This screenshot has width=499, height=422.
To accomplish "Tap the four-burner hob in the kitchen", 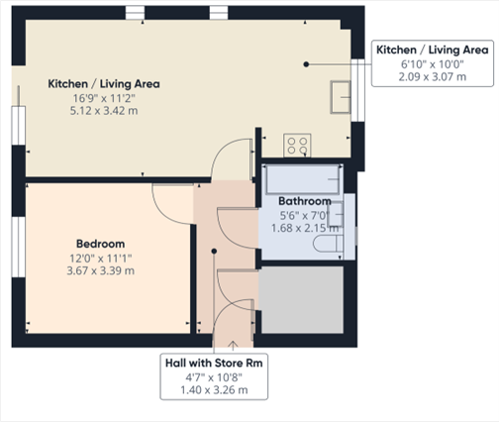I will coord(297,146).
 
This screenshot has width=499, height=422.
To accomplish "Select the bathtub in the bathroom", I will coord(303,179).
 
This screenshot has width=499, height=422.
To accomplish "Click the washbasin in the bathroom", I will coord(338,211).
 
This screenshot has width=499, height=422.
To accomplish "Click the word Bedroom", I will coord(100,244).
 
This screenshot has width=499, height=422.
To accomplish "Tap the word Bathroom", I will coord(289,201).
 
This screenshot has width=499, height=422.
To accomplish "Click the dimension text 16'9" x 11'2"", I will coord(104,98).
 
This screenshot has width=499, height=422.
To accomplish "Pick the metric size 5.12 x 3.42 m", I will coord(104,111).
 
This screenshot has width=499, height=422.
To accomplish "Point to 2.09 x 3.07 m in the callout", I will coord(430,77).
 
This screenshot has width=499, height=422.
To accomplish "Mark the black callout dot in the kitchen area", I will coord(308,63).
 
